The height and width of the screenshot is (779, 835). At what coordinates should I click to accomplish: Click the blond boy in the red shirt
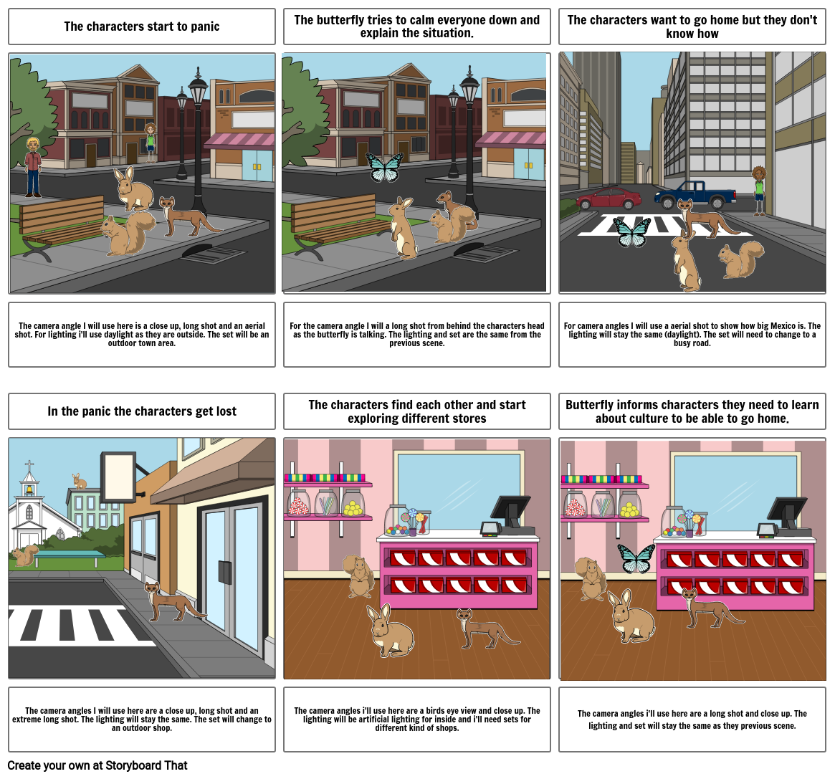(33, 166)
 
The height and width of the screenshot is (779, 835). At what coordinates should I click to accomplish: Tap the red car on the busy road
(609, 198)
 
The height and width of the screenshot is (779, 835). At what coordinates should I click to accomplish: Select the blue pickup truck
(695, 194)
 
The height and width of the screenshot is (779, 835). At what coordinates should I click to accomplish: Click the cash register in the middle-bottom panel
(508, 515)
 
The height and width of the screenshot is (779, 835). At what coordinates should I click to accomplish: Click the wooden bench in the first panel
(62, 224)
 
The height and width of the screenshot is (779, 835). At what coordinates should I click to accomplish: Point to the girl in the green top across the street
(150, 141)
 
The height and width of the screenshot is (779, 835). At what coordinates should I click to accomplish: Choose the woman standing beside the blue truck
(758, 190)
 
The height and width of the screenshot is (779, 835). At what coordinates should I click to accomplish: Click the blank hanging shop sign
(119, 477)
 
